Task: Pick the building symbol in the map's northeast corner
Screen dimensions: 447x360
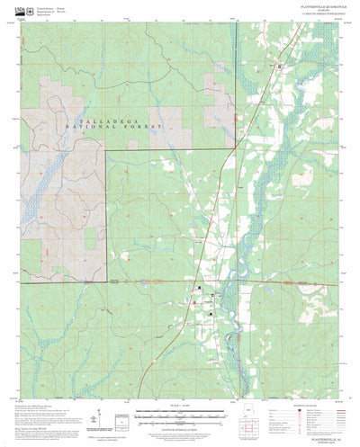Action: tap(279, 67)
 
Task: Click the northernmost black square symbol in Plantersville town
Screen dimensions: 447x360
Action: tap(201, 288)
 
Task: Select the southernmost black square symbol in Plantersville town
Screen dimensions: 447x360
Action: tap(210, 313)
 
